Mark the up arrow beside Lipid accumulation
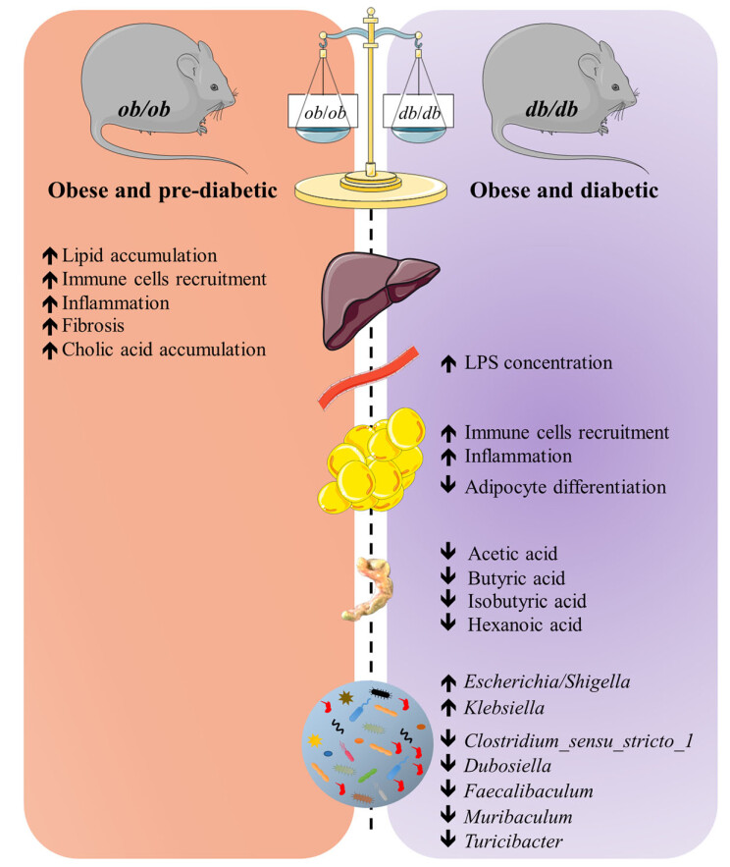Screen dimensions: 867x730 [47, 256]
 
